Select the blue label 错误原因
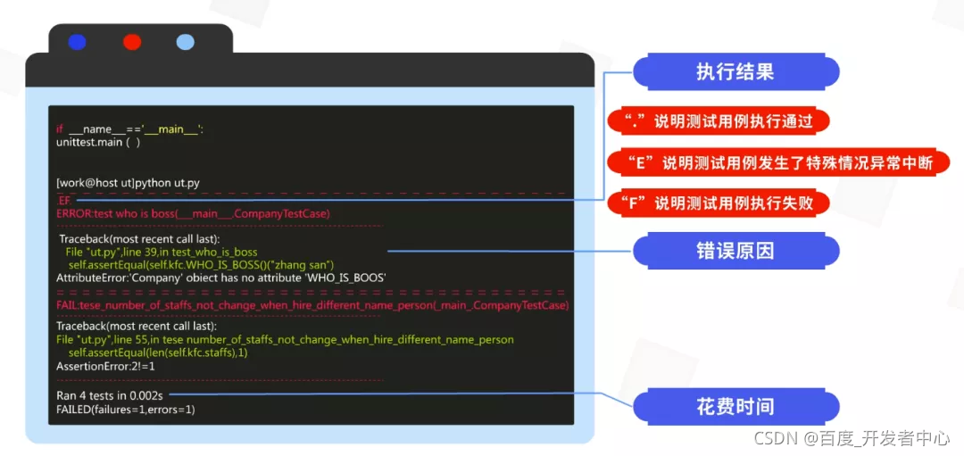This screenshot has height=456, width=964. (735, 251)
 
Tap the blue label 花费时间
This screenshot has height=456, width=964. (735, 407)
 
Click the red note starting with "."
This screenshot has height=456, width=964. (718, 121)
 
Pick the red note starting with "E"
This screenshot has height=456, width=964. (777, 162)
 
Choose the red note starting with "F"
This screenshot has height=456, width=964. (718, 203)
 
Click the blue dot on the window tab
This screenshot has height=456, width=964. (77, 41)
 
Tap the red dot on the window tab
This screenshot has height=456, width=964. (132, 41)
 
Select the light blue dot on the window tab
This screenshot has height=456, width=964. (186, 41)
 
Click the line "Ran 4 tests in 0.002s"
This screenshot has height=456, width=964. (112, 394)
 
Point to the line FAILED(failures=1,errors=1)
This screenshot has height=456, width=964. (125, 409)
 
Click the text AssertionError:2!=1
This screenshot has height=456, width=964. (105, 366)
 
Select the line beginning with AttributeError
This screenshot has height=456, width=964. (220, 278)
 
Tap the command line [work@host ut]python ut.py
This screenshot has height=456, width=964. (128, 183)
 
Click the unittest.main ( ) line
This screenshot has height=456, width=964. (97, 142)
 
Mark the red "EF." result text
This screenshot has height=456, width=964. (64, 201)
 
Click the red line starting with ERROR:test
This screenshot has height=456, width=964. (193, 213)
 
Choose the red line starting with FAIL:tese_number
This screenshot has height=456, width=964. (312, 305)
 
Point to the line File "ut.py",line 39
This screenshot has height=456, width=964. (161, 253)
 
